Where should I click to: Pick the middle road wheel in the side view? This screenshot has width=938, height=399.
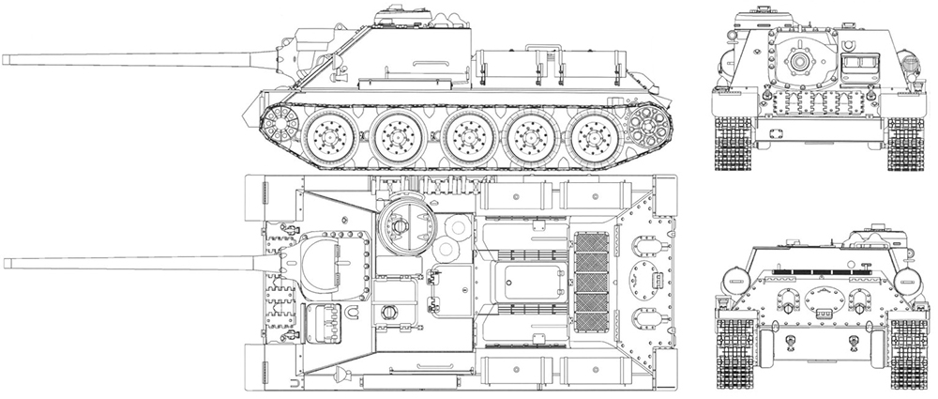[x=466, y=136]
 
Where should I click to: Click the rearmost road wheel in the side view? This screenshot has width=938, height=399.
[x=593, y=136]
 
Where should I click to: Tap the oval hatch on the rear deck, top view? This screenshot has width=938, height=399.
[x=646, y=277]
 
